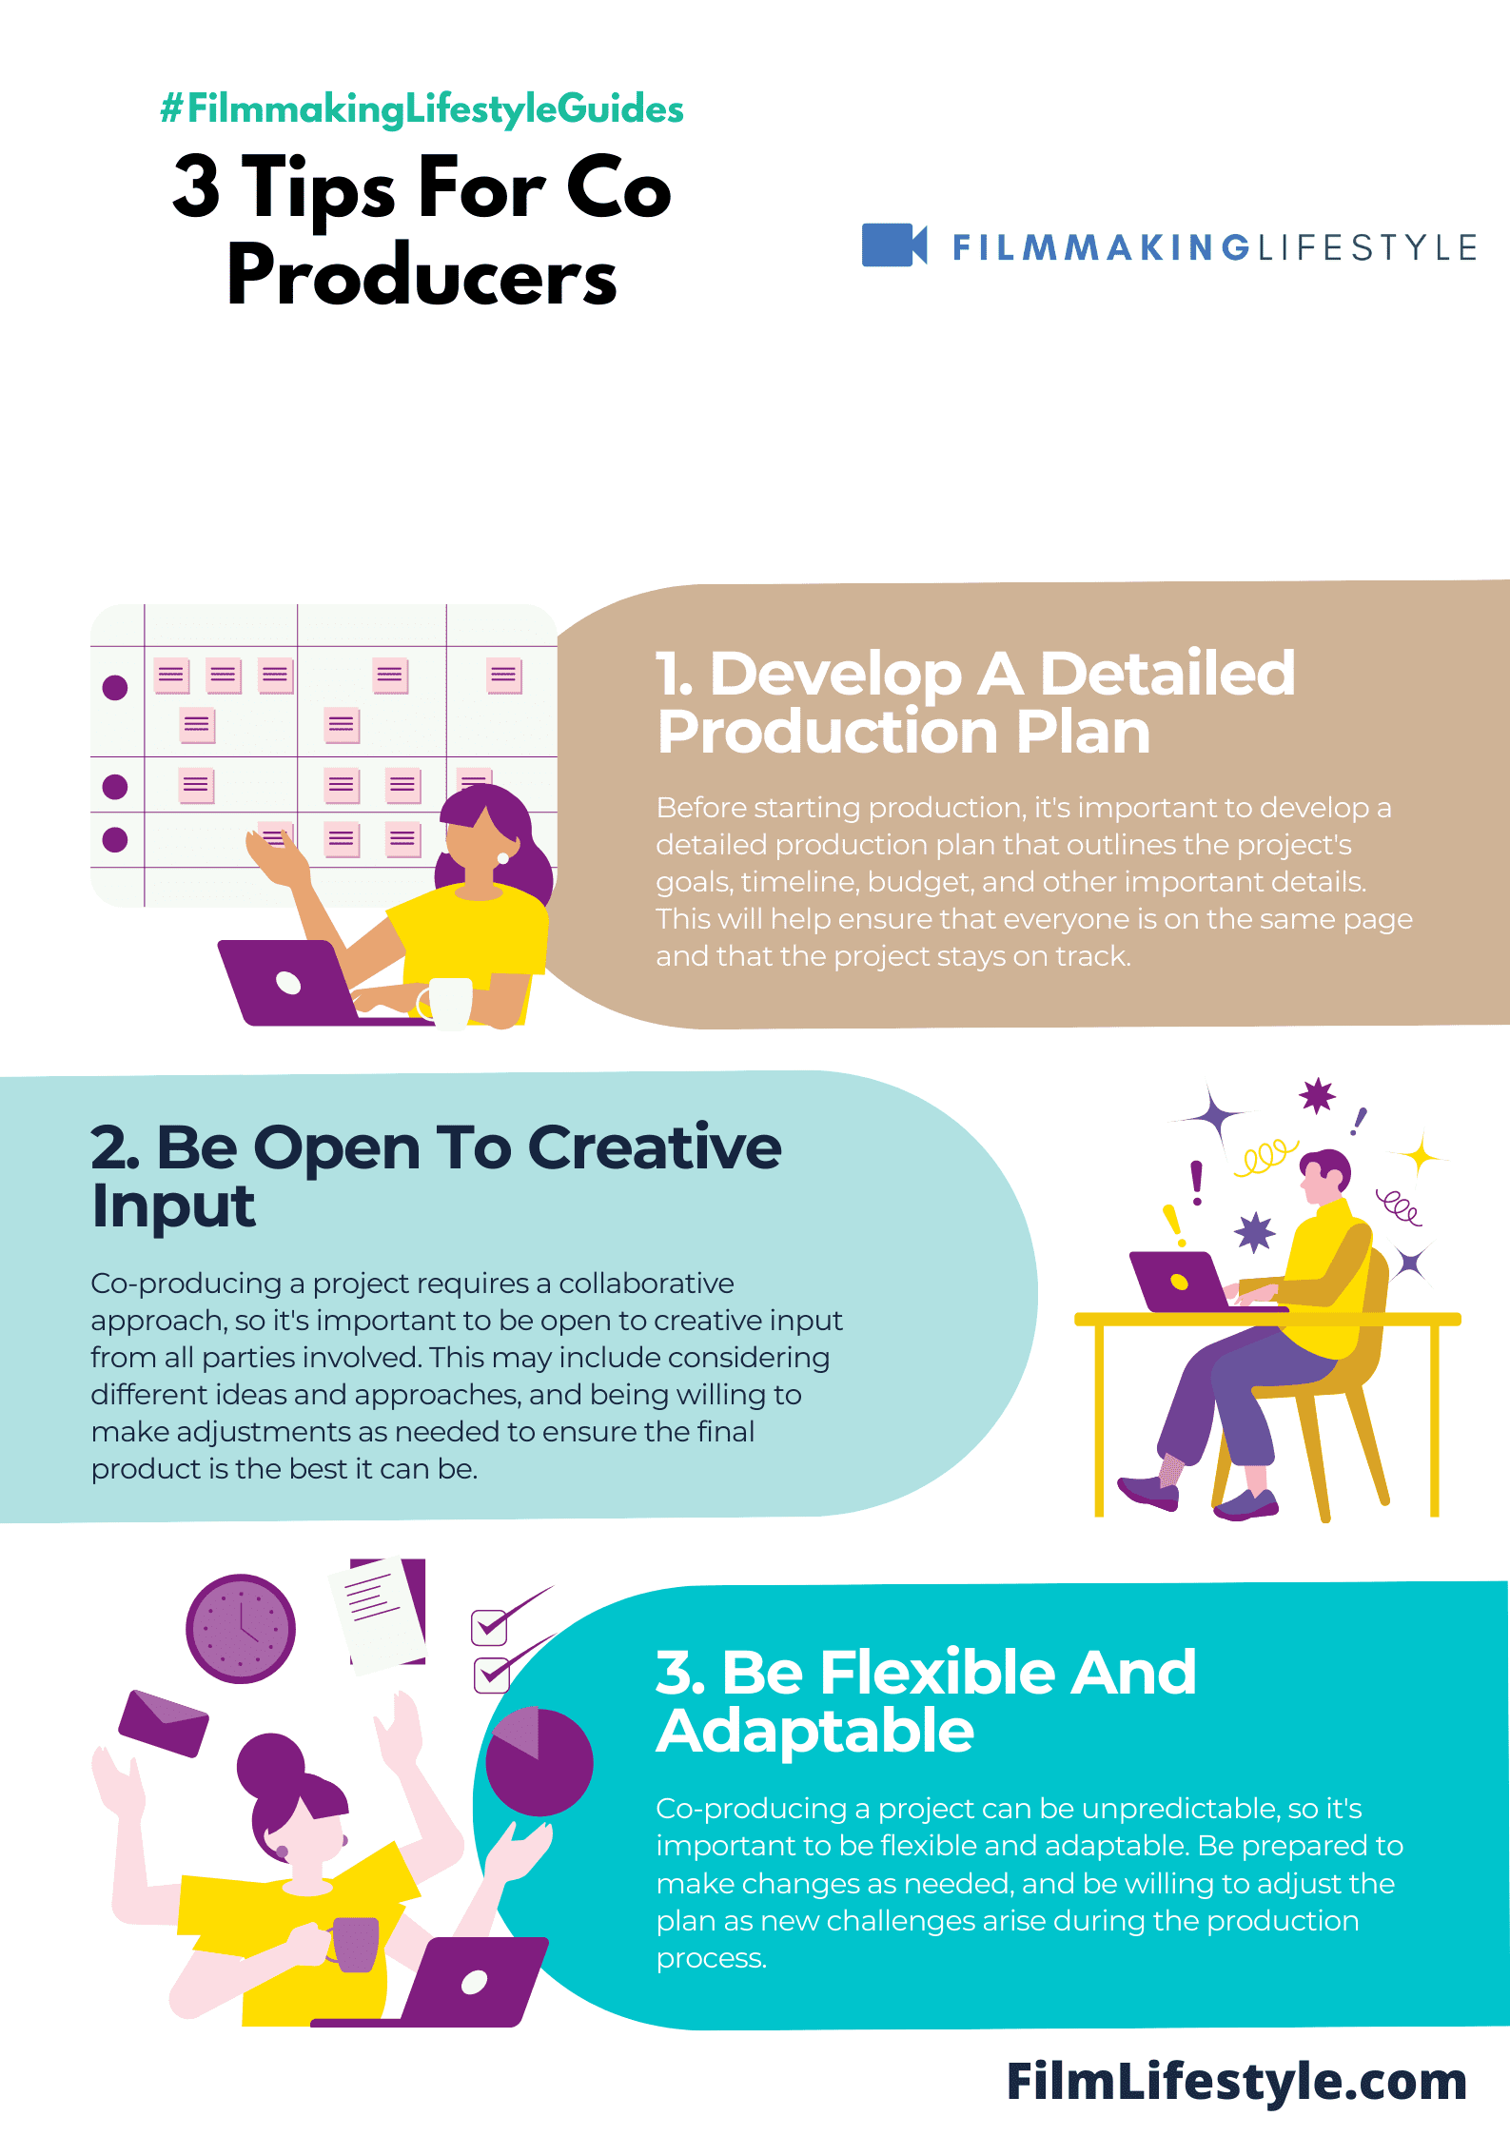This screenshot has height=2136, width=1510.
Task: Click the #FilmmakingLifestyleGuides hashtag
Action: click(422, 109)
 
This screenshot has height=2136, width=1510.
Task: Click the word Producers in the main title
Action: click(422, 276)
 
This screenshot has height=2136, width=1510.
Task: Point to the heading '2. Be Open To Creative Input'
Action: click(436, 1176)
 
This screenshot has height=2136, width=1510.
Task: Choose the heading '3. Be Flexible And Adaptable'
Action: click(925, 1701)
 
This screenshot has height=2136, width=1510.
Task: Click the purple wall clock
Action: click(241, 1628)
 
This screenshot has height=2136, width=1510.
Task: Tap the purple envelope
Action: click(163, 1722)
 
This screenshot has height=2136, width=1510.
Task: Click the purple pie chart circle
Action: click(539, 1762)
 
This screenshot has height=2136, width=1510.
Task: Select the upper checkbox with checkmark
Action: click(489, 1626)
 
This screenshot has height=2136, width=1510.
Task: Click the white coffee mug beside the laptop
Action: click(449, 1002)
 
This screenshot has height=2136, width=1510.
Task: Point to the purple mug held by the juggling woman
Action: click(356, 1943)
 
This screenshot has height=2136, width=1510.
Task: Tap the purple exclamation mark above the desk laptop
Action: click(1197, 1182)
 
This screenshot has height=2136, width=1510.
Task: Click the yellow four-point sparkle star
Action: click(1422, 1156)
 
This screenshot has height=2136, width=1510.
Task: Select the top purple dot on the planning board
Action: click(115, 687)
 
